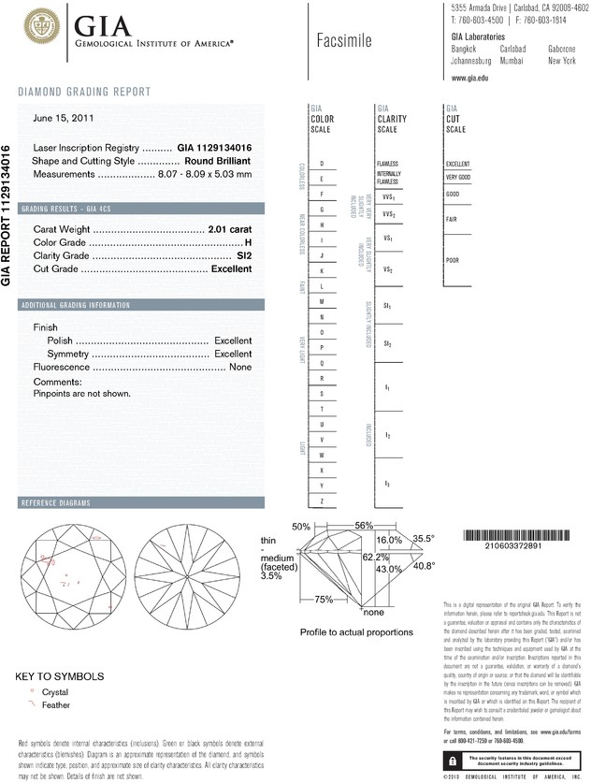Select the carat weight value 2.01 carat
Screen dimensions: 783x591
click(230, 229)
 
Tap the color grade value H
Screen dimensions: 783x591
click(248, 242)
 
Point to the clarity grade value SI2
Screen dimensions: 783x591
click(244, 255)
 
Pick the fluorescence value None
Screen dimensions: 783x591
click(240, 368)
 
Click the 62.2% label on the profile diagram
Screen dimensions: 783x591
click(376, 556)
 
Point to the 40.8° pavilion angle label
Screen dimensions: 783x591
click(425, 566)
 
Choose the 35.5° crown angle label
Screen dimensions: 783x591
click(425, 539)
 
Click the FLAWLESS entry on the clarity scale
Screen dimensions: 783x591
click(387, 164)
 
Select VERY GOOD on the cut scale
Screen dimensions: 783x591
click(458, 177)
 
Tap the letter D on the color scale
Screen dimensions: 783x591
click(322, 164)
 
